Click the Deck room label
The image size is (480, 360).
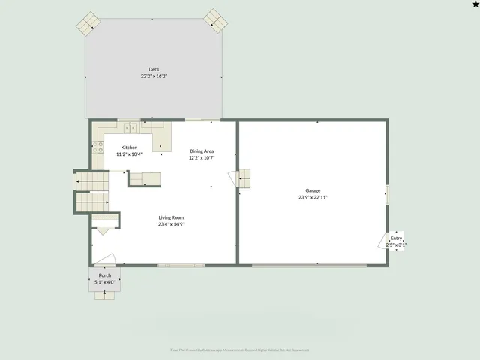click(154, 70)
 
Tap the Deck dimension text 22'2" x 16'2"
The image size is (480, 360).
click(154, 76)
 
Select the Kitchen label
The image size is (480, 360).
click(130, 148)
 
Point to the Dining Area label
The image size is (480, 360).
click(202, 151)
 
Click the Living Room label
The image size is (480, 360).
click(171, 217)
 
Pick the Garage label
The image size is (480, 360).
click(313, 190)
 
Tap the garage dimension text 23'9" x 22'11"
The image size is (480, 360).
click(313, 197)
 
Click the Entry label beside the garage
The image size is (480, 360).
click(396, 238)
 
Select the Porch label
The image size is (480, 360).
click(105, 276)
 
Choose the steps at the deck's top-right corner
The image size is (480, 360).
click(217, 20)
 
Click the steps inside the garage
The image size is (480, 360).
click(244, 179)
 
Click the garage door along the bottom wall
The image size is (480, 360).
click(309, 265)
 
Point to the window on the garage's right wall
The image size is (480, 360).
click(387, 194)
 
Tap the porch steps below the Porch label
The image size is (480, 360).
click(105, 294)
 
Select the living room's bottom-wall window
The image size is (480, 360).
click(181, 265)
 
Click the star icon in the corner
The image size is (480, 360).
click(475, 4)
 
